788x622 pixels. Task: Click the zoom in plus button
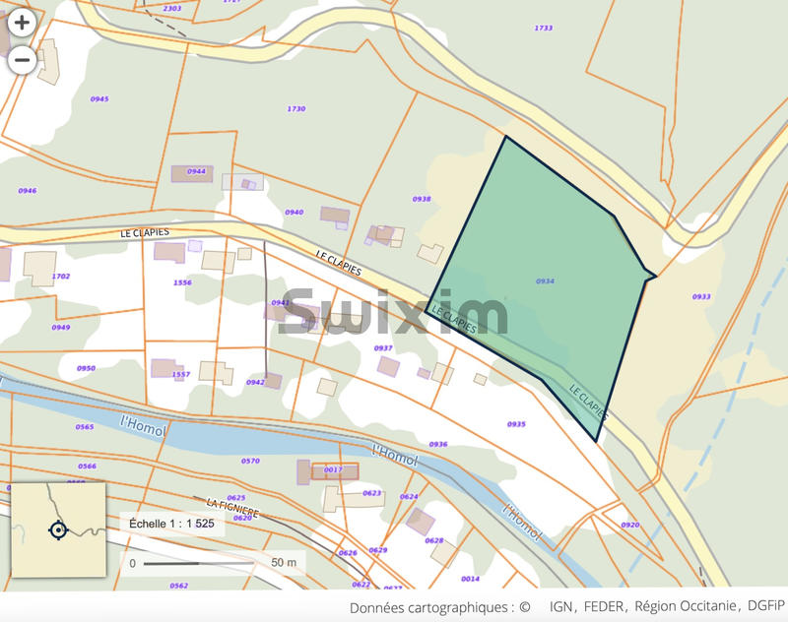click(22, 22)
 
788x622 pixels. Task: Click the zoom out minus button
click(22, 60)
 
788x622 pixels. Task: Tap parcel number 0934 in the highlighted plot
click(545, 281)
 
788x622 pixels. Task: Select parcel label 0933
click(701, 296)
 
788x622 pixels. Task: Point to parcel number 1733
click(543, 29)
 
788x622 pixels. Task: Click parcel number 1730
click(295, 109)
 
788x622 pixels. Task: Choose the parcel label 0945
click(99, 99)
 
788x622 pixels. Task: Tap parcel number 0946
click(28, 191)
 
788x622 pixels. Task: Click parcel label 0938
click(422, 199)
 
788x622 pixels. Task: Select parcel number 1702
click(61, 277)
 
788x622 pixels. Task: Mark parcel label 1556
click(182, 282)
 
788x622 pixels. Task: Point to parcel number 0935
click(516, 424)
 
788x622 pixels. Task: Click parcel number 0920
click(629, 525)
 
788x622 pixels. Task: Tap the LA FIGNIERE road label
click(232, 508)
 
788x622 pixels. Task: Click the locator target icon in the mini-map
click(57, 530)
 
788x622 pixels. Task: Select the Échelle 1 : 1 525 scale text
click(173, 525)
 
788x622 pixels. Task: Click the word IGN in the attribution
click(560, 607)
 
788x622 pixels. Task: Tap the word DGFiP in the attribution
click(764, 607)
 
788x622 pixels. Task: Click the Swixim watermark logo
click(394, 314)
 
